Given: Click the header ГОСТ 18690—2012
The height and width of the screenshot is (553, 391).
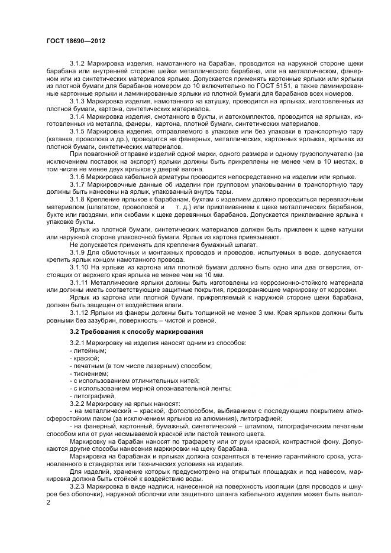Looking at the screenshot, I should [72, 41].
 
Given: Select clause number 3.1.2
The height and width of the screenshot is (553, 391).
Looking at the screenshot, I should [78, 62].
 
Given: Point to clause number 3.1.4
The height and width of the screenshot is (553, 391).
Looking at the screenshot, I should [78, 117].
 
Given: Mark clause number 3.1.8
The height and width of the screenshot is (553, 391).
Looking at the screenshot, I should [78, 199].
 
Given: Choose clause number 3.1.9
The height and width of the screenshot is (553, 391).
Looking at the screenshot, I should [78, 252].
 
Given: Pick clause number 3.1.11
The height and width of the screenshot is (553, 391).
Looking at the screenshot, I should [79, 282].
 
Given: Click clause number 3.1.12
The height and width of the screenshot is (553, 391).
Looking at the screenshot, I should [79, 312].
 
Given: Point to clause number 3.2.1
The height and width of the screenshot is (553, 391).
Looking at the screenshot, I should [78, 343].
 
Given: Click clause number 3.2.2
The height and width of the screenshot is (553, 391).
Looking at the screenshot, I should [78, 403].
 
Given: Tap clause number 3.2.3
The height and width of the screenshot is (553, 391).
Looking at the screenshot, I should [78, 486].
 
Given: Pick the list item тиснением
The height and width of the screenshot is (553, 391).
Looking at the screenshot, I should [89, 373].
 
